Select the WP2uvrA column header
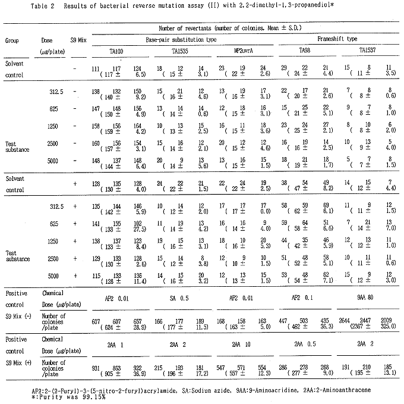click(x=245, y=52)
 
